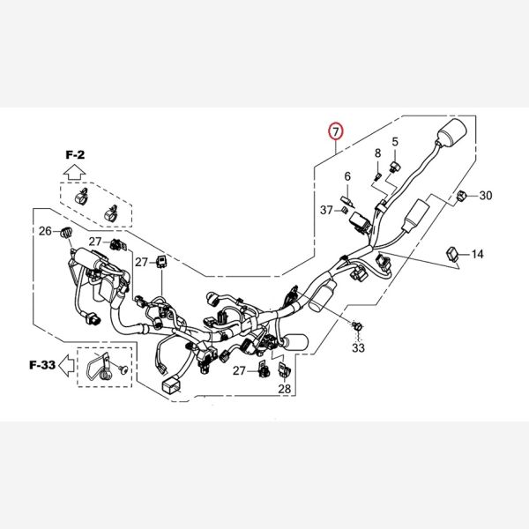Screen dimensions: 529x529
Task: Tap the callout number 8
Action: pyautogui.click(x=378, y=153)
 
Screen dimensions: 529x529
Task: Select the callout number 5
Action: pyautogui.click(x=395, y=142)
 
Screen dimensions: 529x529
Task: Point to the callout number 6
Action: pyautogui.click(x=347, y=176)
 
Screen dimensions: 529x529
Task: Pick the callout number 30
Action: pyautogui.click(x=486, y=196)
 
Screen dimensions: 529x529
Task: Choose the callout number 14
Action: pyautogui.click(x=477, y=255)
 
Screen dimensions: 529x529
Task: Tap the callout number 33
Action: pyautogui.click(x=358, y=349)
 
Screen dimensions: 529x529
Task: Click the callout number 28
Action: pyautogui.click(x=284, y=389)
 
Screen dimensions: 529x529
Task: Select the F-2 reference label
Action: pyautogui.click(x=74, y=153)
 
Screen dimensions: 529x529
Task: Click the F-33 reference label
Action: pyautogui.click(x=41, y=364)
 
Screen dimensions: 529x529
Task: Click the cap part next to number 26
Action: pyautogui.click(x=65, y=231)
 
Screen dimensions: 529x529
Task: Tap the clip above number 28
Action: pyautogui.click(x=283, y=369)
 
